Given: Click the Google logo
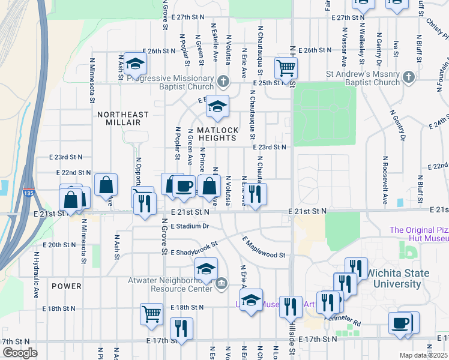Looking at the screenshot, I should click(19, 353).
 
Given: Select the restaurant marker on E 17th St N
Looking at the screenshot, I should click(181, 328).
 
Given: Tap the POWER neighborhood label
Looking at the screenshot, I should click(66, 286).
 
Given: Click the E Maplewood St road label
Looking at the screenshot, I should click(264, 248).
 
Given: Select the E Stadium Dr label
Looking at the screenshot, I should click(189, 227).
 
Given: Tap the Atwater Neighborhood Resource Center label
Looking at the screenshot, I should click(170, 284).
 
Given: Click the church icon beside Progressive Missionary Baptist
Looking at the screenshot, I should click(223, 80).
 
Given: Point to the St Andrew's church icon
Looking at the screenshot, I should click(408, 77).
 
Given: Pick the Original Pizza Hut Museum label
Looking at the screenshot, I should click(418, 234).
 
